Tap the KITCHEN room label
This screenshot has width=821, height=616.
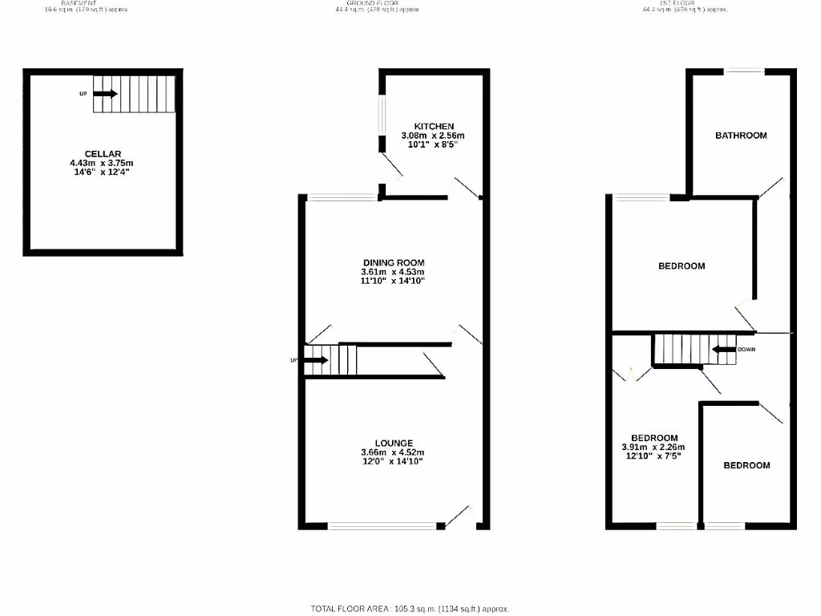[x=434, y=127]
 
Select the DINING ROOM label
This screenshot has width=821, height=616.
[x=393, y=262]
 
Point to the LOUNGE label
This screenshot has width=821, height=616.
[x=393, y=443]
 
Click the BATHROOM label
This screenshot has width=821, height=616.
[x=741, y=136]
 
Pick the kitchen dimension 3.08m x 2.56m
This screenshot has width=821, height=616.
[x=434, y=136]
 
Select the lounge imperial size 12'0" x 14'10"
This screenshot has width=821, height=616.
[x=393, y=462]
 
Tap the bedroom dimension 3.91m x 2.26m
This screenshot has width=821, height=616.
[x=653, y=448]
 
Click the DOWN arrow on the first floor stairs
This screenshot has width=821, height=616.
[x=726, y=350]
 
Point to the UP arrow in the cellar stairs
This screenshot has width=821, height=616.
[x=106, y=94]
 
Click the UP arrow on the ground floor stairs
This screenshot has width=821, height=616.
[x=317, y=360]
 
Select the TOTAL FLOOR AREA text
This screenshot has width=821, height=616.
[x=410, y=609]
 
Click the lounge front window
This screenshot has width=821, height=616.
[x=382, y=526]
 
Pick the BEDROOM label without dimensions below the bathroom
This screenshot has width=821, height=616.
[x=681, y=266]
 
